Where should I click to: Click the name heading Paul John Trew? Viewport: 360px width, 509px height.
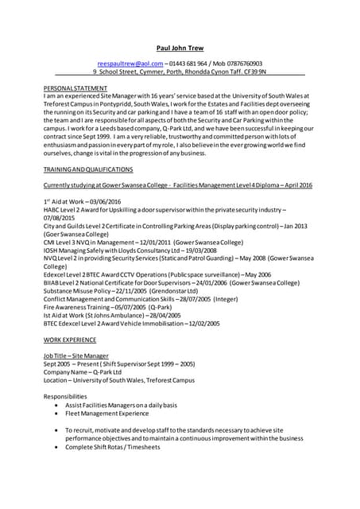tap(180, 47)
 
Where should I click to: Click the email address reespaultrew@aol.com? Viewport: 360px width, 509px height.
tap(130, 63)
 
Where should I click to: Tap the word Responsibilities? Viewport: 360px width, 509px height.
tap(65, 395)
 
